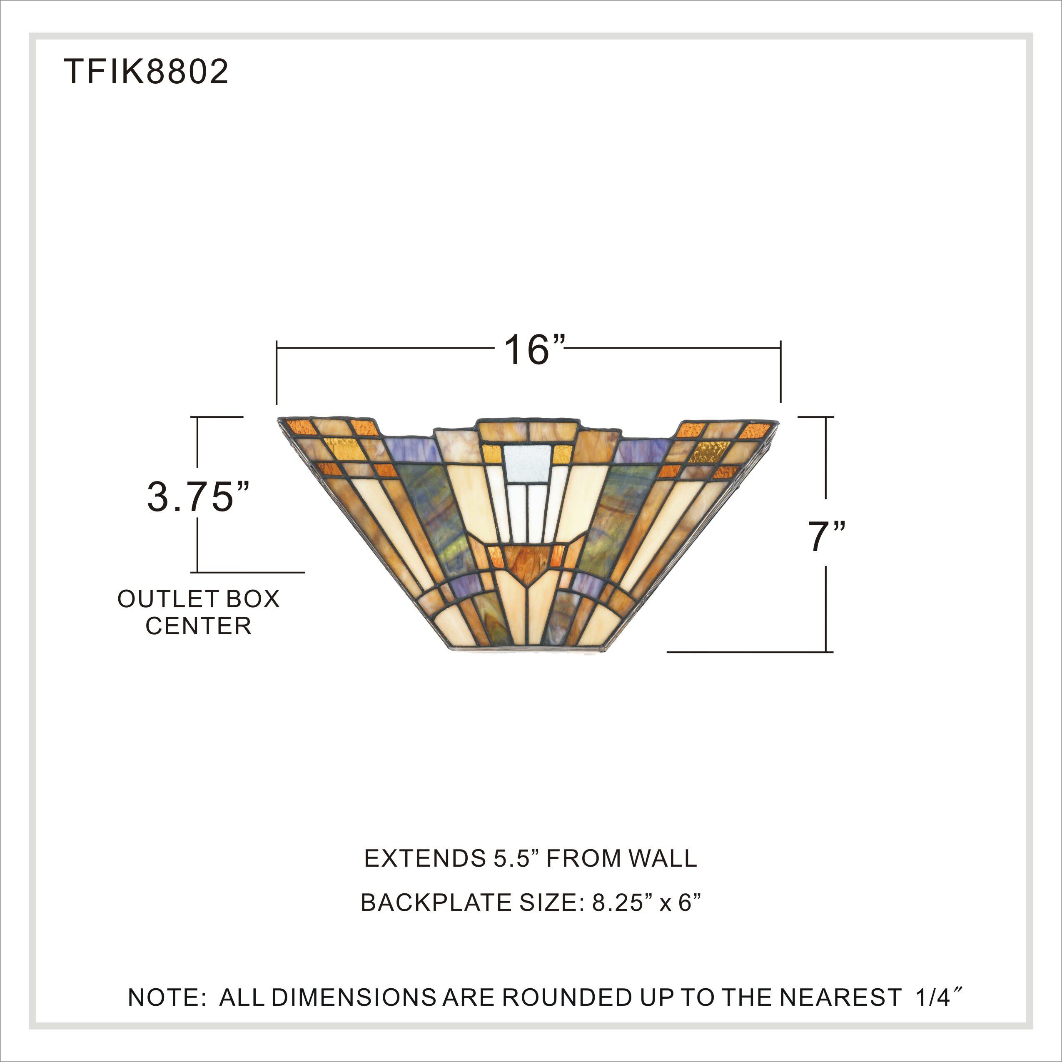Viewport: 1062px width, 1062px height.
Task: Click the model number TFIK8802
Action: click(x=146, y=72)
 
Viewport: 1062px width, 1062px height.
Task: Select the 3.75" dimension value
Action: click(x=198, y=497)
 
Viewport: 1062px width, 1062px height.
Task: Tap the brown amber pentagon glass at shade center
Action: click(x=527, y=565)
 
